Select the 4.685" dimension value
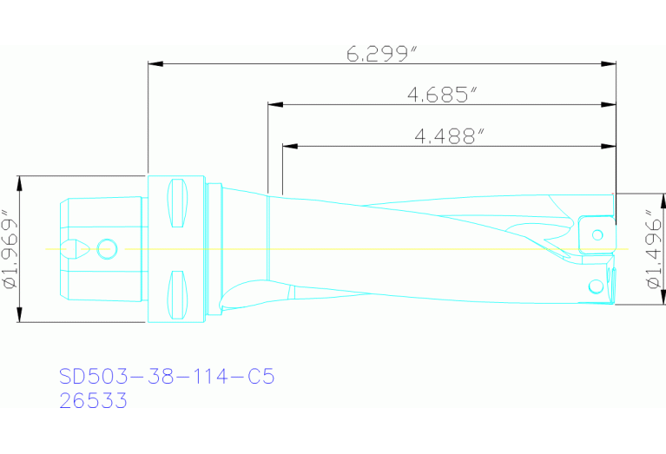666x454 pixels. [x=442, y=95]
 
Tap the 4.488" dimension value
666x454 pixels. [x=449, y=135]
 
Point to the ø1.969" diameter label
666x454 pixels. [x=10, y=249]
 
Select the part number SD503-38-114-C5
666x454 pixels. [x=167, y=377]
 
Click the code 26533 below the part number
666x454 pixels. [x=93, y=401]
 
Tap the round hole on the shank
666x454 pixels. [x=108, y=249]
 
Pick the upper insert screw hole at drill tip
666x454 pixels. [x=597, y=234]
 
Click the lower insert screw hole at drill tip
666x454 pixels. [x=595, y=286]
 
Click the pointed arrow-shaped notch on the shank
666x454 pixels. [x=77, y=249]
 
